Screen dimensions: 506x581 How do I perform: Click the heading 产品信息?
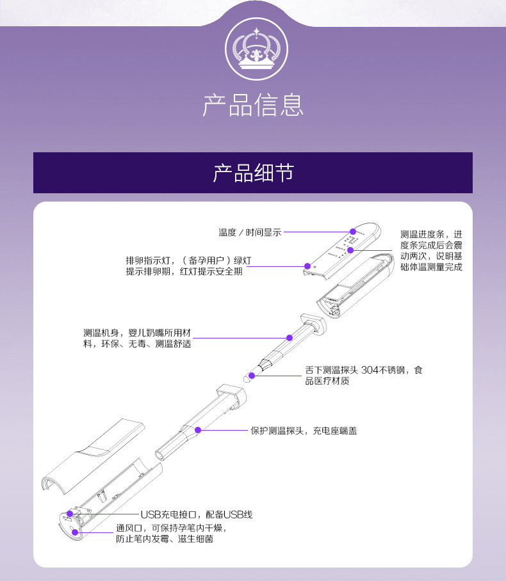252,105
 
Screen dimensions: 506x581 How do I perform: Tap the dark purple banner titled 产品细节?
252,172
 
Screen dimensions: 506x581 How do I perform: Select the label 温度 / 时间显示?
250,232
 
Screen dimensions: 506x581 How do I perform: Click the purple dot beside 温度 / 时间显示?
352,232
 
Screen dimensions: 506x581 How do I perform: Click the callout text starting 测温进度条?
430,250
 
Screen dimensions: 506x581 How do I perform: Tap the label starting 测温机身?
137,338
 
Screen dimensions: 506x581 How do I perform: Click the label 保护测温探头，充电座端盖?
303,431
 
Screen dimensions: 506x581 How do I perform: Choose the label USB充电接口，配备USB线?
197,514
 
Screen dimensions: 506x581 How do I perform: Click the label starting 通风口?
171,534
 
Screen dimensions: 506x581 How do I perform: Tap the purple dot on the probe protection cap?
199,430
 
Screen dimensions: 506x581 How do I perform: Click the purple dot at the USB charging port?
70,514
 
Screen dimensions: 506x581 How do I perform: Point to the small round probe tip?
245,378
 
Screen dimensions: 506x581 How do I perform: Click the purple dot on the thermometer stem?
288,337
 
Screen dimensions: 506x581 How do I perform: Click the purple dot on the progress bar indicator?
350,250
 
